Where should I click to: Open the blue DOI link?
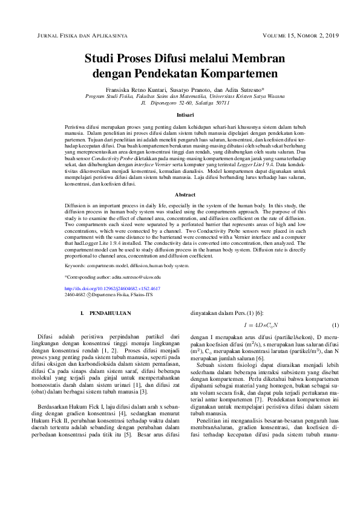(112, 289)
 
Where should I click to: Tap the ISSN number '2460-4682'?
(75, 296)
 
